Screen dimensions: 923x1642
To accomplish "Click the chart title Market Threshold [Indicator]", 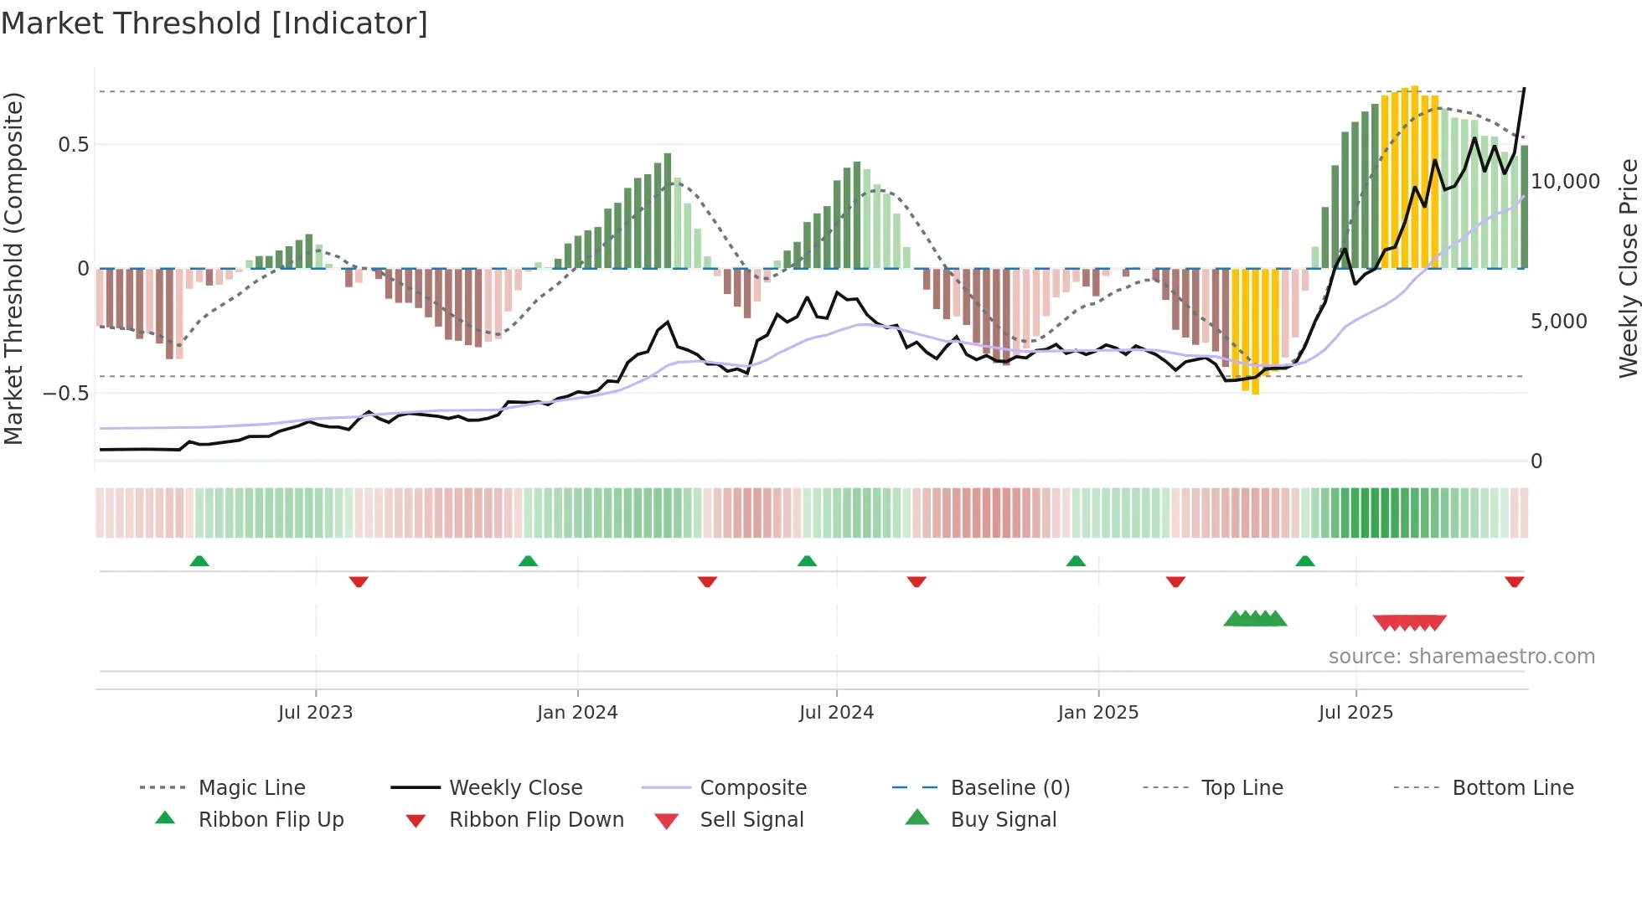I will (214, 23).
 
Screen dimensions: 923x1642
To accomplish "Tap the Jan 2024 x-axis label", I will (577, 713).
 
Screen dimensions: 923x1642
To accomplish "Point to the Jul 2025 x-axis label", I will (1355, 713).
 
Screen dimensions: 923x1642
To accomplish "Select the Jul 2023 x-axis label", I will (316, 713).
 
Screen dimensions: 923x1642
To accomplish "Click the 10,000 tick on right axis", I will (1565, 182).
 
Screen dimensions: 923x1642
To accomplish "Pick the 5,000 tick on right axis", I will (1558, 322).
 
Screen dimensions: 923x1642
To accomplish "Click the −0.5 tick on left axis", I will (65, 393).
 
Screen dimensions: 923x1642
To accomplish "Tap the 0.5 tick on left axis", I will (73, 145).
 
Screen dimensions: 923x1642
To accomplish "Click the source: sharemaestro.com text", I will (1461, 657).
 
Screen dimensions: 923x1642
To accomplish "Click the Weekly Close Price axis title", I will (1628, 268).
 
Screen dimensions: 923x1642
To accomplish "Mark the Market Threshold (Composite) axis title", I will (13, 268).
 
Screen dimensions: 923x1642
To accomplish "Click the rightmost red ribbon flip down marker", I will (1514, 581).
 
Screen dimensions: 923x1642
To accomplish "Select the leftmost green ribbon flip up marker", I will (199, 561).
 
